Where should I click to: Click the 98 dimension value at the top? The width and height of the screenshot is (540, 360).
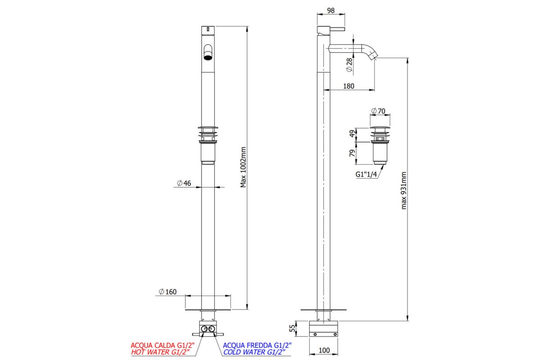pos(331,11)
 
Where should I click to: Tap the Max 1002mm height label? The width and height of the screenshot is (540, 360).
pos(243,167)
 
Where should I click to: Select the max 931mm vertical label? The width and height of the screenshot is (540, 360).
pos(404,190)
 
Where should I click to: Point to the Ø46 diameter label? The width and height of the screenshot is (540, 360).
pos(184,183)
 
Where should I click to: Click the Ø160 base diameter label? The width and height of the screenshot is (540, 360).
pos(167,292)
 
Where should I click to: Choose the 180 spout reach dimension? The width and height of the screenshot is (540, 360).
pos(349,86)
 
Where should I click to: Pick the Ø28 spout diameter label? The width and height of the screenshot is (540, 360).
pos(349,65)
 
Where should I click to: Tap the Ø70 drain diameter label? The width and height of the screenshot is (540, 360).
pos(378,111)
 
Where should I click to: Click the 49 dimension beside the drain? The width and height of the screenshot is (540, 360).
pos(352,134)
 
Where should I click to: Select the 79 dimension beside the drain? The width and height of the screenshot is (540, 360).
pos(352,153)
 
